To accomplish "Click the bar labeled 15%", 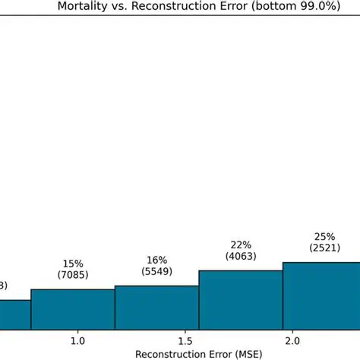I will click(x=73, y=308).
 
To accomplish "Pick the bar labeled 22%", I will click(x=240, y=298).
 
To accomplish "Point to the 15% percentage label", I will click(x=73, y=264).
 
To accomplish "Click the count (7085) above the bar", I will click(x=73, y=276).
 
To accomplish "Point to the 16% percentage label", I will click(x=156, y=259).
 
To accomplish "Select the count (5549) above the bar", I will click(x=156, y=271).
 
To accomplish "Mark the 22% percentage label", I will click(x=240, y=244).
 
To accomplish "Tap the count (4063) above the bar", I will click(x=240, y=256).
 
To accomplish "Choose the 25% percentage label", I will click(x=324, y=236).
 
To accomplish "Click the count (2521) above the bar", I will click(x=324, y=248).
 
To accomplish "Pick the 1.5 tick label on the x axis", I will click(x=184, y=341).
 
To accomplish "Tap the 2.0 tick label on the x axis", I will click(x=292, y=341).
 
